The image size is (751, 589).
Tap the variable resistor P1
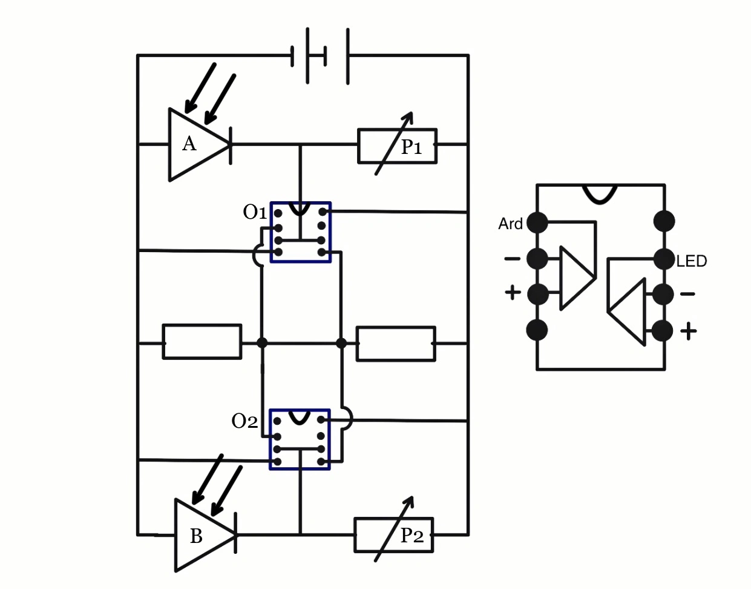point(397,145)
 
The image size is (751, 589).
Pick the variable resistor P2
point(393,534)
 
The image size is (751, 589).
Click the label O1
point(255,212)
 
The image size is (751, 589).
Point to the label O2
point(244,421)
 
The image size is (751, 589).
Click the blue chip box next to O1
point(301,233)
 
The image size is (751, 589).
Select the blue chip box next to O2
point(300,440)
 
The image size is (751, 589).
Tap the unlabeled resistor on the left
point(202,342)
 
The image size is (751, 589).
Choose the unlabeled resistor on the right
point(396,344)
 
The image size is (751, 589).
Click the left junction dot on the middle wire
point(262,343)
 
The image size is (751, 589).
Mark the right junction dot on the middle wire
point(341,343)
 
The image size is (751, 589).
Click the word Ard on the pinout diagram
point(510,224)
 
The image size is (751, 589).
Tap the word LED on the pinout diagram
point(691,261)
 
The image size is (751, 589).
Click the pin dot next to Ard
point(537,222)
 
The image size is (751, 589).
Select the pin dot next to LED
point(664,259)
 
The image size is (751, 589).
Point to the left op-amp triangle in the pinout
point(575,278)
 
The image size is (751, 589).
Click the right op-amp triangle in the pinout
point(629,311)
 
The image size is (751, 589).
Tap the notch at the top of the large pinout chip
point(599,193)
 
